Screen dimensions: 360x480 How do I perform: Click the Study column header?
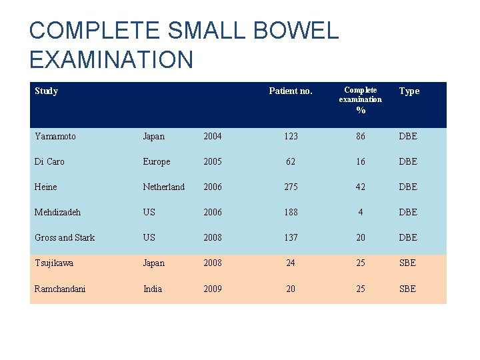point(46,91)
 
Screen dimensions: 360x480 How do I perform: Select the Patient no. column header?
point(290,91)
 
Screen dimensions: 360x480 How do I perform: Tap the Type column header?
point(409,91)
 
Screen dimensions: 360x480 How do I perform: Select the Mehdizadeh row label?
point(57,212)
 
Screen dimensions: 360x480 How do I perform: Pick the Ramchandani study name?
point(60,289)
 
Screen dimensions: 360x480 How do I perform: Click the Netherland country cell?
point(163,187)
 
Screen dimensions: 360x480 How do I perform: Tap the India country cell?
point(152,289)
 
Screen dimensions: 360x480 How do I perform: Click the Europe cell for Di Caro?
point(156,161)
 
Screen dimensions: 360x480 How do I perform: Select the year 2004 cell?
point(213,136)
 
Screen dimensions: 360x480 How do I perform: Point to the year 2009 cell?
point(213,289)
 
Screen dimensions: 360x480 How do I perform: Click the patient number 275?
point(290,187)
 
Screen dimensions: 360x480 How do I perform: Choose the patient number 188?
point(290,212)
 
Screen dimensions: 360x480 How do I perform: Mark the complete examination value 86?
point(360,136)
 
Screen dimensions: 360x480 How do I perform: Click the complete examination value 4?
point(360,212)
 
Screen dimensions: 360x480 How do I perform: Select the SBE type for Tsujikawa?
point(407,263)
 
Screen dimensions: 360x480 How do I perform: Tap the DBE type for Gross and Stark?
point(407,237)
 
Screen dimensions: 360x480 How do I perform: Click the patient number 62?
point(290,161)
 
